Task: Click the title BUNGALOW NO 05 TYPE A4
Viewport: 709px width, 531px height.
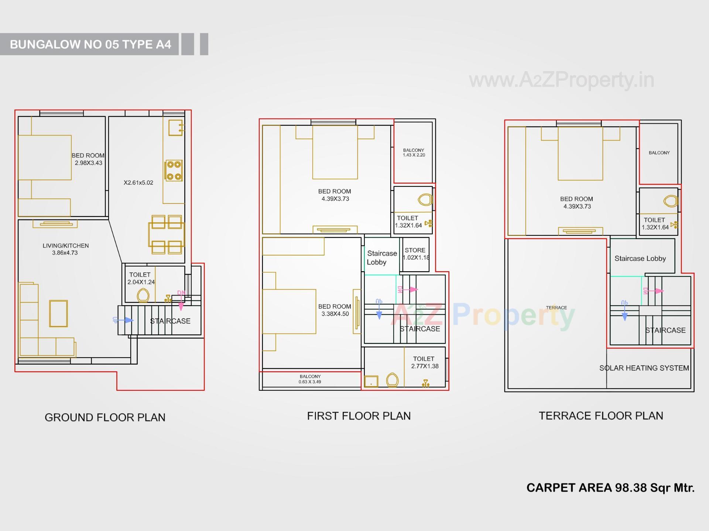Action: pyautogui.click(x=90, y=44)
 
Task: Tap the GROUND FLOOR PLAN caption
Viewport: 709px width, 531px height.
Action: pyautogui.click(x=105, y=417)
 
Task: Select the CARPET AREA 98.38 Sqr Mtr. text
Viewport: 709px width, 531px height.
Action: pyautogui.click(x=610, y=488)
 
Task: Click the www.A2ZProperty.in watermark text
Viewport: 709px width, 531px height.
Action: pyautogui.click(x=561, y=80)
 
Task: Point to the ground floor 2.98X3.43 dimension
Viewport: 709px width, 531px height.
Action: pyautogui.click(x=89, y=163)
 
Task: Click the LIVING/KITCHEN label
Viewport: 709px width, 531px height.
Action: pyautogui.click(x=66, y=246)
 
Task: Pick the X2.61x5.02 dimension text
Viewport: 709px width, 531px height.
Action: pyautogui.click(x=138, y=183)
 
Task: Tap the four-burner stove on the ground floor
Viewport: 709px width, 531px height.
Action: pyautogui.click(x=174, y=170)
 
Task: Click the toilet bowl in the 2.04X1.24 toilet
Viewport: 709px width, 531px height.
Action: pyautogui.click(x=143, y=295)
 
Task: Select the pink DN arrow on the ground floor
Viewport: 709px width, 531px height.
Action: pyautogui.click(x=181, y=300)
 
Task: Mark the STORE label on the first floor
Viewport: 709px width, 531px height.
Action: pyautogui.click(x=415, y=250)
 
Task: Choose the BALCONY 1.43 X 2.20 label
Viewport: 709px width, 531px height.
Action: pyautogui.click(x=414, y=152)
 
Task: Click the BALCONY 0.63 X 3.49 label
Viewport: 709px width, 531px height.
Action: pyautogui.click(x=310, y=379)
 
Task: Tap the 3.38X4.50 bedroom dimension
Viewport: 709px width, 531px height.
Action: pyautogui.click(x=335, y=314)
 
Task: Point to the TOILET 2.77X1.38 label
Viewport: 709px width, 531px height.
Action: pyautogui.click(x=424, y=362)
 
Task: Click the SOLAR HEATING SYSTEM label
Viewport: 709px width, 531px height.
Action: pyautogui.click(x=644, y=368)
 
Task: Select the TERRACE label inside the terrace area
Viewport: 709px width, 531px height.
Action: pyautogui.click(x=556, y=307)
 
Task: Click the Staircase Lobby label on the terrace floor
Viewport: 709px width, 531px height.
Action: pyautogui.click(x=640, y=259)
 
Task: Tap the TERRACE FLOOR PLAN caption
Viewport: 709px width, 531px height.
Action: pyautogui.click(x=601, y=416)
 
